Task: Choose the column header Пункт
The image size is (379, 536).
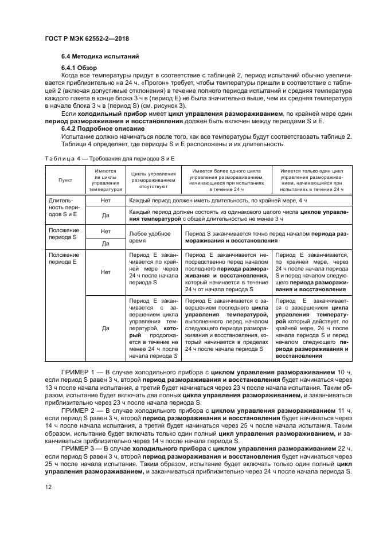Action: pos(65,179)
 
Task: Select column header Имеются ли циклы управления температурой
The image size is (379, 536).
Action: pos(106,179)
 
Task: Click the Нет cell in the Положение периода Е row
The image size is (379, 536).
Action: pos(106,273)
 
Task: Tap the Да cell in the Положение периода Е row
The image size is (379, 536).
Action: pos(106,328)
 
